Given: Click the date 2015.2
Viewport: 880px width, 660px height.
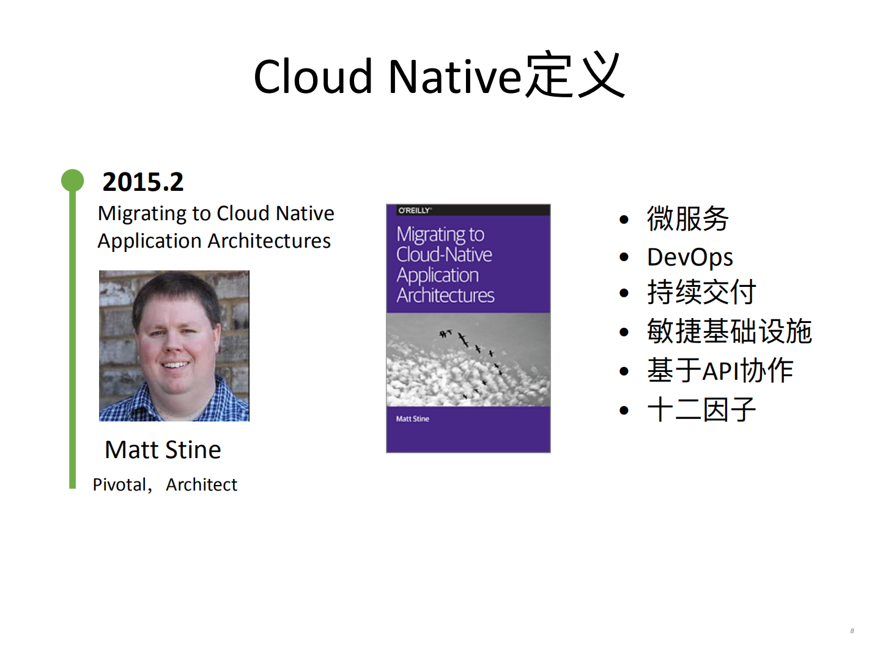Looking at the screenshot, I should pos(142,182).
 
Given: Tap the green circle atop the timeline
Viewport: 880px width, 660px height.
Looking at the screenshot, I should pos(72,180).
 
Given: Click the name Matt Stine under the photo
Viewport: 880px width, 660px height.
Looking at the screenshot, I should pos(163,450).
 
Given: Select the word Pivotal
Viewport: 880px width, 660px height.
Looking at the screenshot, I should pos(119,484).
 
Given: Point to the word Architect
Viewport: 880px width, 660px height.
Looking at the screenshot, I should pos(201,484).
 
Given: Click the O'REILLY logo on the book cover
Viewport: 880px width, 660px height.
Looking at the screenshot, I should pos(415,210).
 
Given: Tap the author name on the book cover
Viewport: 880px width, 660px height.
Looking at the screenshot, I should pos(412,419).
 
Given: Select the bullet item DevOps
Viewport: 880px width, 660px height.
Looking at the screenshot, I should pos(690,257).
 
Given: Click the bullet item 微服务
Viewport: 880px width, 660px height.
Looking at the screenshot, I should pos(687,218).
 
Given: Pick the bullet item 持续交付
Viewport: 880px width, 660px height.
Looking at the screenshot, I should pos(701,292).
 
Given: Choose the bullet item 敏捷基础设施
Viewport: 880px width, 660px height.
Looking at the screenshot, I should pos(729,332).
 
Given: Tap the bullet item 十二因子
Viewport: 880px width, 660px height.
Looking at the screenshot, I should pos(701,409).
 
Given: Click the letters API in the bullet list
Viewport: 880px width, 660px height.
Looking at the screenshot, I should pos(720,371).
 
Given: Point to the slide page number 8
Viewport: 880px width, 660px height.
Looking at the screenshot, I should pos(852,631).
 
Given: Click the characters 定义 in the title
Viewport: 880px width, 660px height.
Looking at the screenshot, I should pos(575,76).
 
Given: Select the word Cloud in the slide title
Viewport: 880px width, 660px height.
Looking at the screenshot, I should pos(312,77).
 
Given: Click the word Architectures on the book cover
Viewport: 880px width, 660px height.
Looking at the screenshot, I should pos(445,295).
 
